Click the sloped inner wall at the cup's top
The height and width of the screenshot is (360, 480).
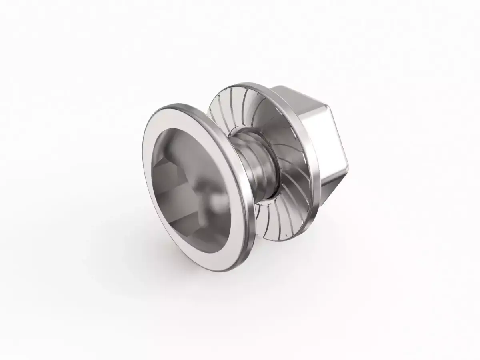pos(188,132)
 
